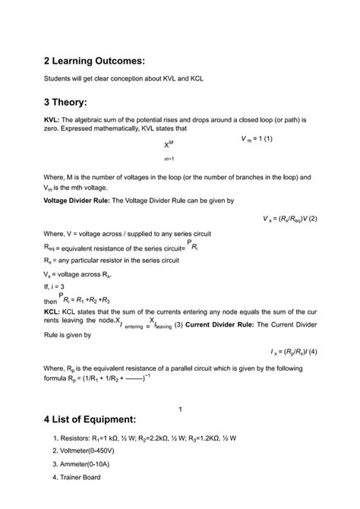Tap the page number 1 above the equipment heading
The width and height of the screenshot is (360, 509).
pyautogui.click(x=180, y=410)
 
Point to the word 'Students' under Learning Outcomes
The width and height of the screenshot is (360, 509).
pyautogui.click(x=58, y=77)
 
